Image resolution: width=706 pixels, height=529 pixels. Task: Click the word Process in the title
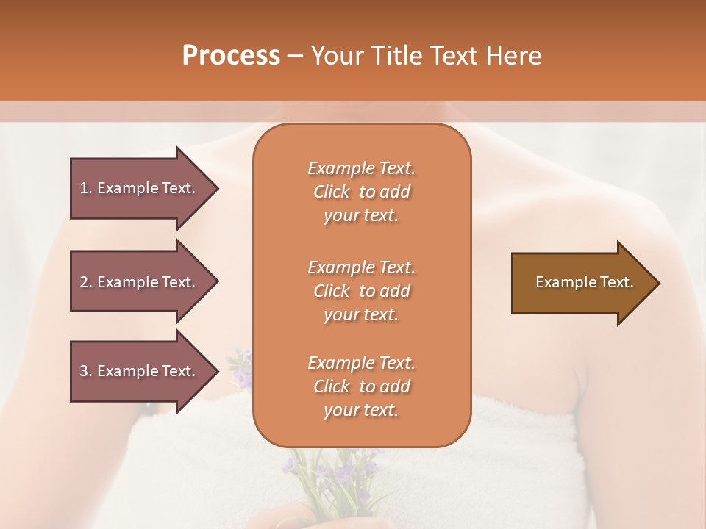(231, 56)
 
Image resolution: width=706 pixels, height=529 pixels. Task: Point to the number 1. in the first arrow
(85, 188)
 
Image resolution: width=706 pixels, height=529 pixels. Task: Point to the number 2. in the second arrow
(85, 282)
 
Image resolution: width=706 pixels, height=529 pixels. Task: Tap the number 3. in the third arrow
(85, 371)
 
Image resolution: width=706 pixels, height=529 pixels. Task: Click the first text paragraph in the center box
(361, 192)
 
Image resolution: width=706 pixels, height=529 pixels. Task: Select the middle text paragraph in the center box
(361, 290)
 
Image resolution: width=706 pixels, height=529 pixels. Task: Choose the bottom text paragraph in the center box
(361, 386)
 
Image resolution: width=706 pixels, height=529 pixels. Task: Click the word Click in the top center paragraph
(332, 192)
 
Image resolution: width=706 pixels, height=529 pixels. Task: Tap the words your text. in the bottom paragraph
(361, 411)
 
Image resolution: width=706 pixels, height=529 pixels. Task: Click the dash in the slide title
(296, 56)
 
